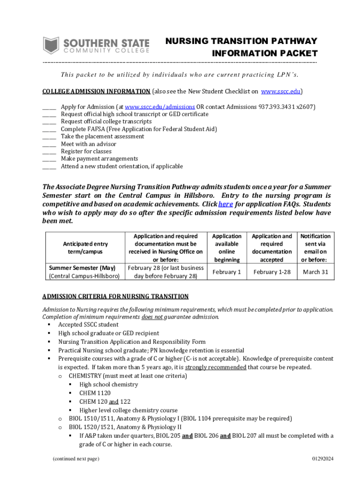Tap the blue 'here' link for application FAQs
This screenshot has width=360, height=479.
click(225, 204)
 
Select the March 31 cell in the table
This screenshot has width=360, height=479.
click(316, 272)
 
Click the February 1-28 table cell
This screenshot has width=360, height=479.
click(272, 272)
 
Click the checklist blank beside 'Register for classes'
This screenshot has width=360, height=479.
click(49, 152)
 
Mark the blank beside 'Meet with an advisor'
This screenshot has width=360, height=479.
click(49, 144)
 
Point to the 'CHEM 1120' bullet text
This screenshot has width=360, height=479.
click(94, 393)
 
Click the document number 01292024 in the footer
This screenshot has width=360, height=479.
click(323, 459)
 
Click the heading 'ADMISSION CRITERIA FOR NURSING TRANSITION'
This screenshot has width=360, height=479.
click(115, 297)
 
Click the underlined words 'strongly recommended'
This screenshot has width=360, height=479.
click(216, 367)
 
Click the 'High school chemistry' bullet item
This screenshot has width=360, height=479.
click(108, 385)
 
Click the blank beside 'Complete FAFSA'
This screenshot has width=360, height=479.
click(49, 129)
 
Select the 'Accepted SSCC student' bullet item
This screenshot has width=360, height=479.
click(88, 325)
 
